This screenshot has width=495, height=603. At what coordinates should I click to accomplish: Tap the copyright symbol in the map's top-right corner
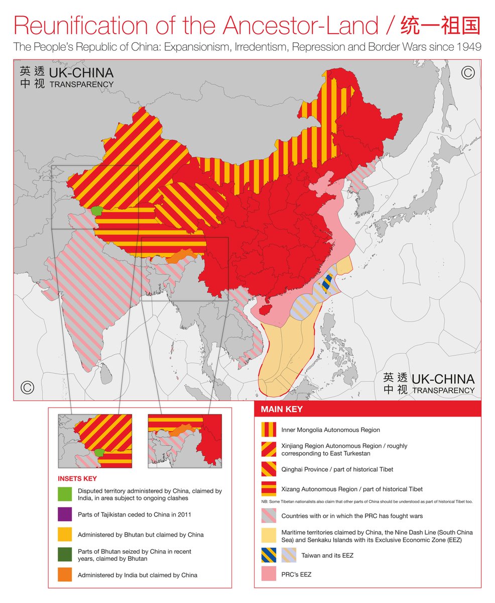[x=467, y=73]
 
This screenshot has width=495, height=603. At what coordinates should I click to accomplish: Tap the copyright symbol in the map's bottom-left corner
[x=27, y=387]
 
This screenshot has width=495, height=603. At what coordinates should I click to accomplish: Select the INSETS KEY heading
[x=77, y=479]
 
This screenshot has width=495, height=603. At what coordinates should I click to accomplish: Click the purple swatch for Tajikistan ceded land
[x=65, y=515]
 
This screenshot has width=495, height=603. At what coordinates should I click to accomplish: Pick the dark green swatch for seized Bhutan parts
[x=65, y=555]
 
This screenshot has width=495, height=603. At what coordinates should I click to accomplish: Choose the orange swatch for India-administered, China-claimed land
[x=65, y=574]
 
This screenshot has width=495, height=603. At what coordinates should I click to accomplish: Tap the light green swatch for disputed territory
[x=65, y=494]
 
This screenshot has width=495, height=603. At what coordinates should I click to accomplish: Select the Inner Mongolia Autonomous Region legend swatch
[x=269, y=430]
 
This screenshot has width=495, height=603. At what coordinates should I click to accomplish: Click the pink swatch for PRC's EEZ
[x=269, y=574]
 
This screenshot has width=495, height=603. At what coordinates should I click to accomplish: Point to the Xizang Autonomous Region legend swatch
[x=269, y=489]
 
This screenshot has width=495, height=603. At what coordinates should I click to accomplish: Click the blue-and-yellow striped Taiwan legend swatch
[x=269, y=556]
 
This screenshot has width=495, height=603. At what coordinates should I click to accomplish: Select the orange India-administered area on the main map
[x=181, y=256]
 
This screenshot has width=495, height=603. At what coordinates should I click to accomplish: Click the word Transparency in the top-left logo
[x=81, y=84]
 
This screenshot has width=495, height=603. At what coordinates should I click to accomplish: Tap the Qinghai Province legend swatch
[x=269, y=469]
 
